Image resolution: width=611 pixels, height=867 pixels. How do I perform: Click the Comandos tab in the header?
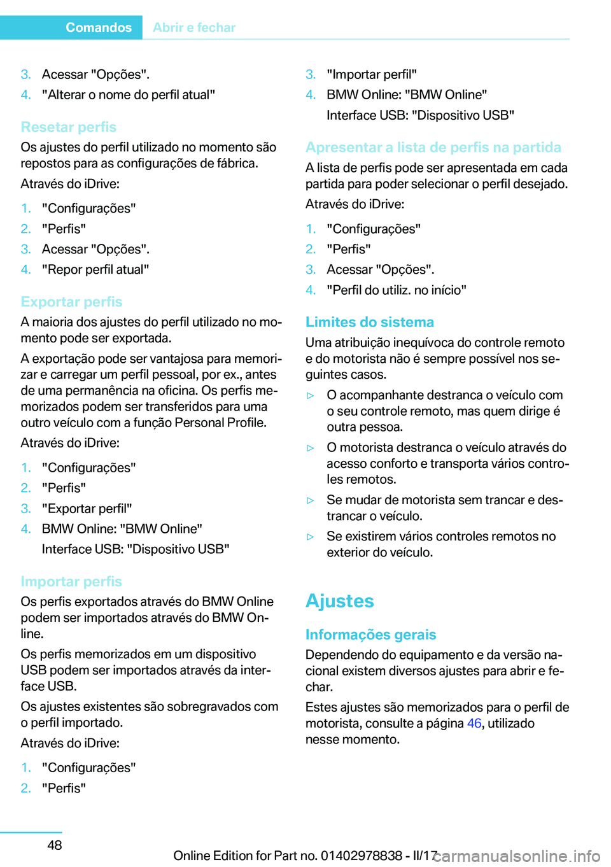click(x=99, y=27)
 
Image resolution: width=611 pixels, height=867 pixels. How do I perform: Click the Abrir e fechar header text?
click(x=194, y=27)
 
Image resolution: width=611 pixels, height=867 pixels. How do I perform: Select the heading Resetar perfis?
click(x=69, y=127)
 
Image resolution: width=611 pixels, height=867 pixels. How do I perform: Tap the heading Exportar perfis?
click(x=71, y=302)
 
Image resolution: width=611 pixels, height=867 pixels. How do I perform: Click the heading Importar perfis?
click(x=71, y=581)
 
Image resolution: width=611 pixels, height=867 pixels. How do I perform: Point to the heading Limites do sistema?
click(x=370, y=322)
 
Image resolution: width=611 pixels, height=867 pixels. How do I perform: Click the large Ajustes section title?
click(x=340, y=601)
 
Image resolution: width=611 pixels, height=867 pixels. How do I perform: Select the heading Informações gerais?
click(x=370, y=635)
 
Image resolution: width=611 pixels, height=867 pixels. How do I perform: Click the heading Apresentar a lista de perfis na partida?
click(x=433, y=147)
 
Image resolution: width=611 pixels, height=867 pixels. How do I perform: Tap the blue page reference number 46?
click(x=474, y=723)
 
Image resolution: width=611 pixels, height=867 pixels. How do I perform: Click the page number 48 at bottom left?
click(x=55, y=845)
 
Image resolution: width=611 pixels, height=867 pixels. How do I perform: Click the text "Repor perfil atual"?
click(x=95, y=269)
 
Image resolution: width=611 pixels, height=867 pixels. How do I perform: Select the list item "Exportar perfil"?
click(x=87, y=509)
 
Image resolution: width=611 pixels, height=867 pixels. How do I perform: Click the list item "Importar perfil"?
click(x=372, y=74)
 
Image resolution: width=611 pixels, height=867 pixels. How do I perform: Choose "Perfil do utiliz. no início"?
click(x=397, y=290)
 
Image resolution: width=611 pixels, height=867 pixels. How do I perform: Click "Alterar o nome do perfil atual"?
click(x=129, y=95)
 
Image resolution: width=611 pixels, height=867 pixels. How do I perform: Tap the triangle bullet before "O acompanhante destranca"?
click(x=311, y=395)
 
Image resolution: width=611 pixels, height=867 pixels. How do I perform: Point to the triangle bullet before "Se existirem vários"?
click(x=311, y=537)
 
